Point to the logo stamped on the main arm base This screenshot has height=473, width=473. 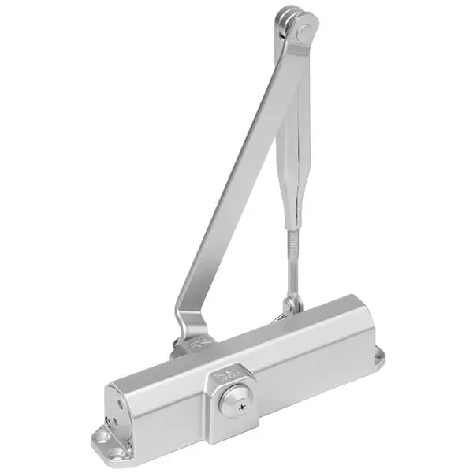click(198, 344)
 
